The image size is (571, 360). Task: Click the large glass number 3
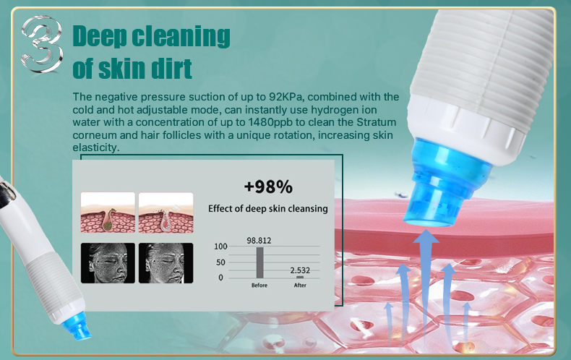pos(41,43)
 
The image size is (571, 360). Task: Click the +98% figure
pos(268,187)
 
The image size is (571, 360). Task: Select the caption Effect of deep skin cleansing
pos(268,208)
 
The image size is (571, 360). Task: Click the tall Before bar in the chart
pos(259,262)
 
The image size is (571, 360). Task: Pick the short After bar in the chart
pos(300,277)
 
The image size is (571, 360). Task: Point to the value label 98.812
pos(259,241)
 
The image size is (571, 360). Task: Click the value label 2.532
pos(300,270)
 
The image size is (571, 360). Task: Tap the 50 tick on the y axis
pos(220,262)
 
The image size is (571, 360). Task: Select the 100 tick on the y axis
pos(220,247)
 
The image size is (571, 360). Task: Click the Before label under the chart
pos(259,286)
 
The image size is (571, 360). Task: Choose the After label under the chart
pos(300,286)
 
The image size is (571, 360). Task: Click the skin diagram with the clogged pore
pos(108,213)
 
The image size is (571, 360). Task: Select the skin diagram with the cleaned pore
pos(166,213)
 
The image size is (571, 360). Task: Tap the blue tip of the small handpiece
pos(77,327)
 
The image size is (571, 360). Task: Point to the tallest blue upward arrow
pos(425,288)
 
